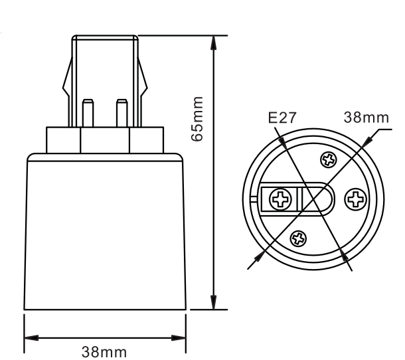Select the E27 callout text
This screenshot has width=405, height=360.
tap(281, 118)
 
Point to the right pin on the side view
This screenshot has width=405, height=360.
tap(121, 114)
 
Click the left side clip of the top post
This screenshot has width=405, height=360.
tap(67, 83)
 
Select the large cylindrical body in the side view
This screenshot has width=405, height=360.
tap(104, 232)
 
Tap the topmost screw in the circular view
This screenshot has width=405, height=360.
tap(327, 159)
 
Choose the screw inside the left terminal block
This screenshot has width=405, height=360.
tap(281, 198)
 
